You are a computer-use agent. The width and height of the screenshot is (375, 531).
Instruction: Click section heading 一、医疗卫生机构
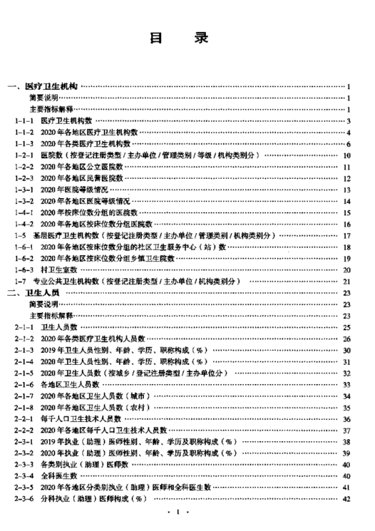(43, 86)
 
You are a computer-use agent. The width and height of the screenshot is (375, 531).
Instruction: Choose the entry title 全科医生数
(59, 476)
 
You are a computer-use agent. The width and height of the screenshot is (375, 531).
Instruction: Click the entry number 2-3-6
(24, 499)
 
